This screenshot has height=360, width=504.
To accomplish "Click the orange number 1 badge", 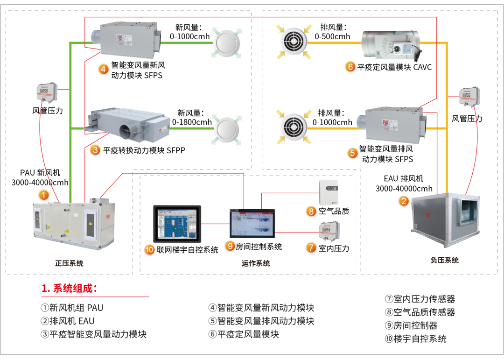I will pos(43,195).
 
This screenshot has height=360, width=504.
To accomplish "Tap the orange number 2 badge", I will pos(404,201).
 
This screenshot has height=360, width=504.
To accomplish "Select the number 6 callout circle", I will pos(350,67).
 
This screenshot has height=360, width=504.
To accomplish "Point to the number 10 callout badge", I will pos(149,249).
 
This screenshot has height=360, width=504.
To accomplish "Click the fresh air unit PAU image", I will pos(74,223).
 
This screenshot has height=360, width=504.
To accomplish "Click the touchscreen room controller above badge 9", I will pos(252,223).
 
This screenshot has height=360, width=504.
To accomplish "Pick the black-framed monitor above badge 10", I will pos(177,224).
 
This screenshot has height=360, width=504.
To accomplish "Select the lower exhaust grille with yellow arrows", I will pos(294,127).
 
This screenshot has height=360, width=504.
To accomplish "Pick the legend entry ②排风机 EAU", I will pos(68,321).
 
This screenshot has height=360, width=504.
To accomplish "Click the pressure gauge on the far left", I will pos(47,93).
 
